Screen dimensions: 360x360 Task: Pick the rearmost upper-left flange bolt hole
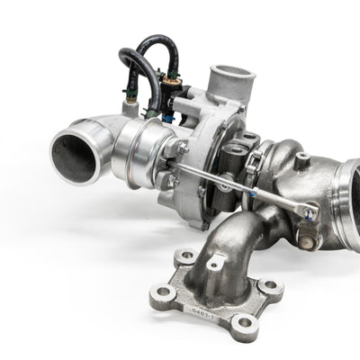(x=186, y=256)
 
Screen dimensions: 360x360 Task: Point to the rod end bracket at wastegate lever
(x=308, y=214)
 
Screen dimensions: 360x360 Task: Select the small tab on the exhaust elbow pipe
(x=216, y=264)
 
